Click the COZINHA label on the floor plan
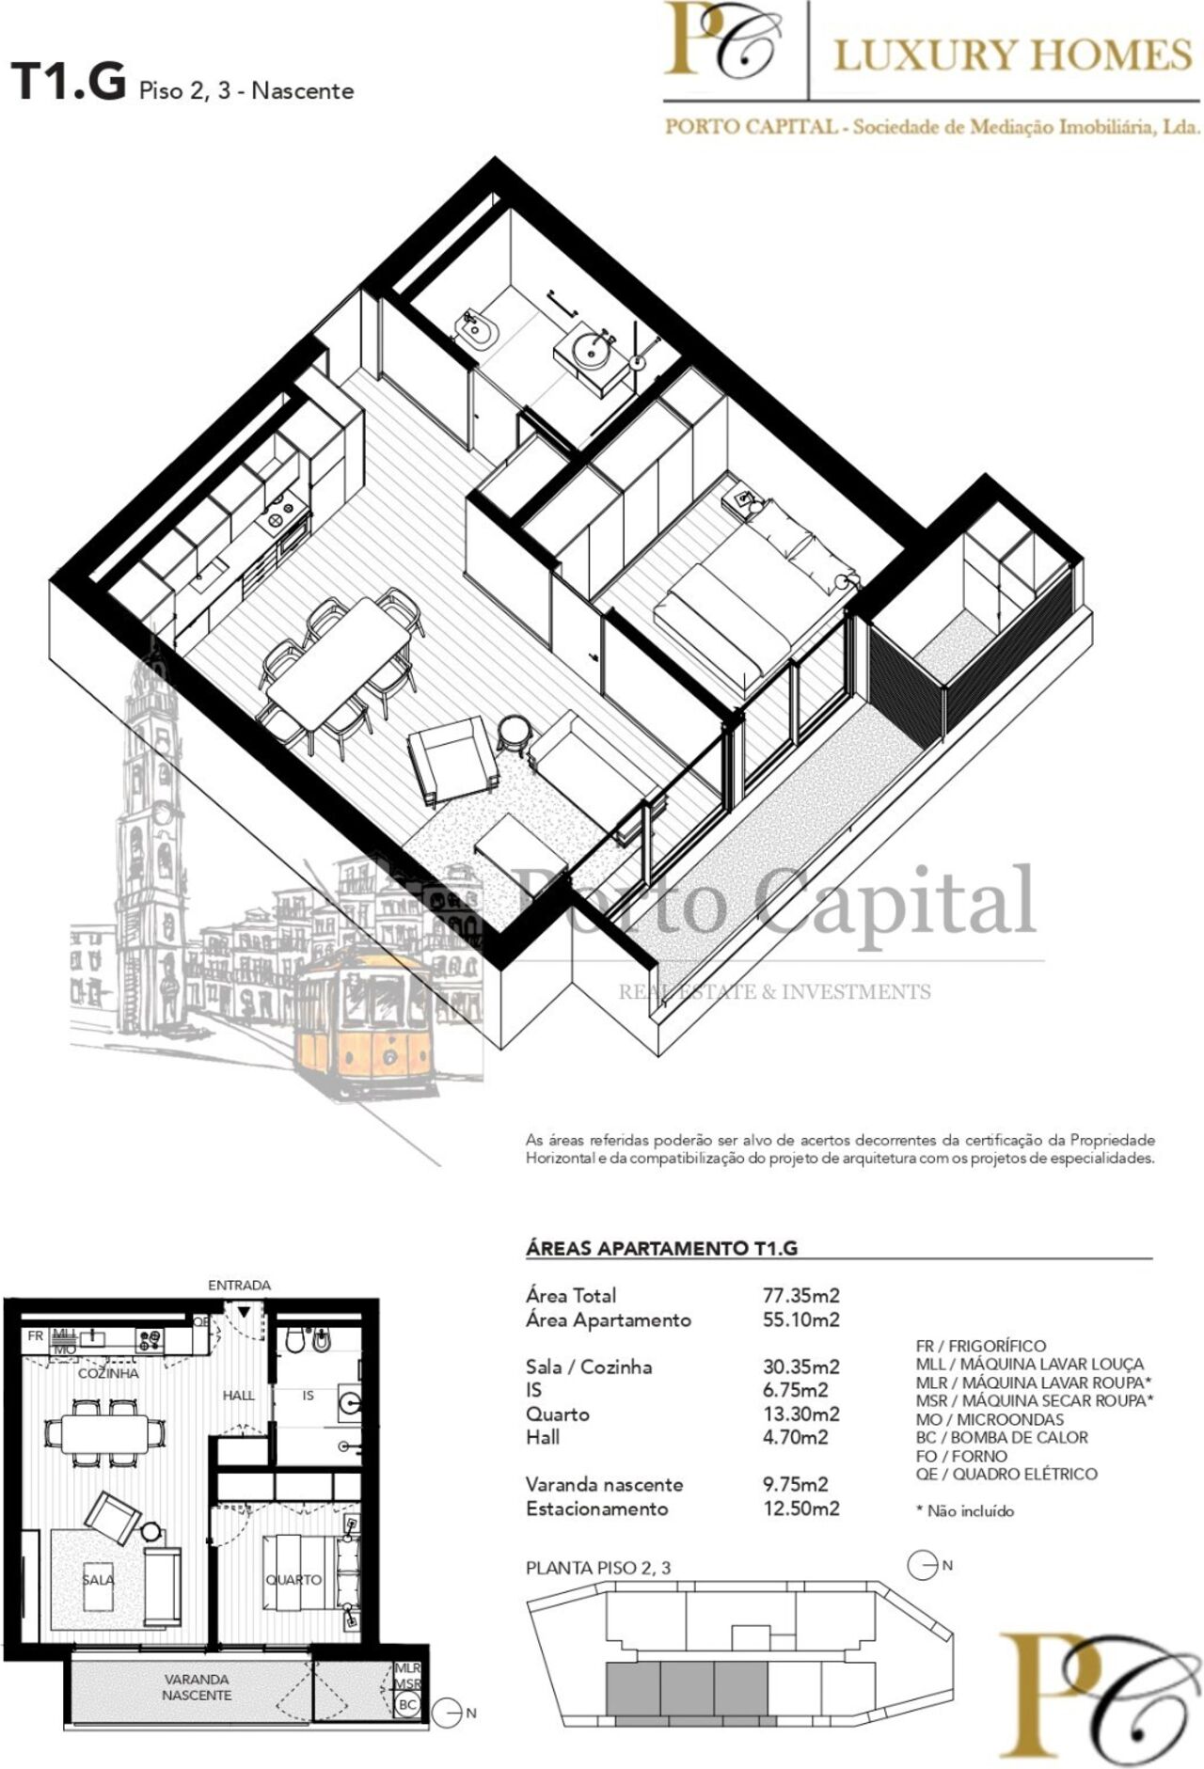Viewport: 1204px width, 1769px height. (108, 1373)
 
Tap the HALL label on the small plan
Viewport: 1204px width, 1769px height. (239, 1395)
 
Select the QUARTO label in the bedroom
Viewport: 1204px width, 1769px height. (293, 1579)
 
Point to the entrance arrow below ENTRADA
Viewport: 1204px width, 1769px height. (244, 1311)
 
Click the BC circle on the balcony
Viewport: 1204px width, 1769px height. (408, 1703)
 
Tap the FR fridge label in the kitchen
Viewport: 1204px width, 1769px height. (35, 1335)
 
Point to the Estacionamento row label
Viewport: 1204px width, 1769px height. (596, 1508)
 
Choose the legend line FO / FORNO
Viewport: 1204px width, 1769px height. (961, 1455)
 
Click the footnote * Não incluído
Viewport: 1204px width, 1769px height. (965, 1511)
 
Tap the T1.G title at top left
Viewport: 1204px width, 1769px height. (68, 81)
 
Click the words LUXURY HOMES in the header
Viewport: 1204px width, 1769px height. (1013, 55)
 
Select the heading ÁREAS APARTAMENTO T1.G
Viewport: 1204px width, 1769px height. (661, 1248)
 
